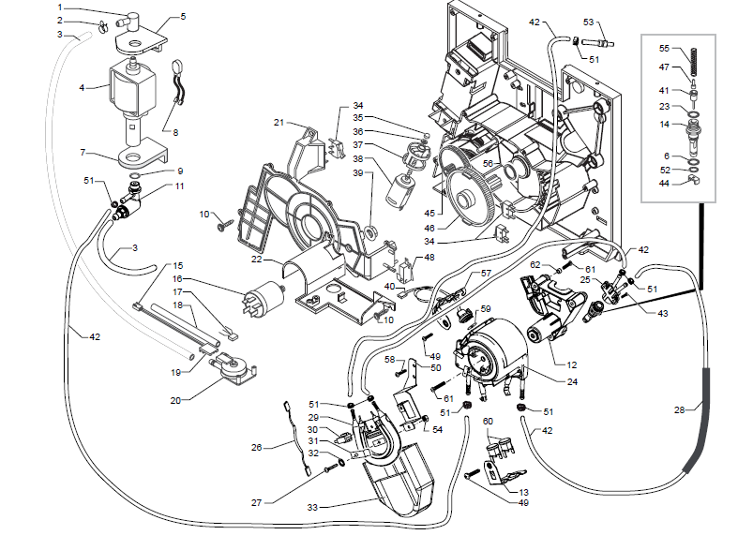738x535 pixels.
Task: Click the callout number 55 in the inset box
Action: (x=663, y=48)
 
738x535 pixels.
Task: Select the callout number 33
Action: (x=314, y=507)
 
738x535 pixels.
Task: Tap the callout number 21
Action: (x=279, y=123)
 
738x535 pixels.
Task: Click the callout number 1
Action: (x=60, y=7)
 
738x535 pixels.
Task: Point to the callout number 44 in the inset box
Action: (x=663, y=184)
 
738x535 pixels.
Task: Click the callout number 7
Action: (x=83, y=152)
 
